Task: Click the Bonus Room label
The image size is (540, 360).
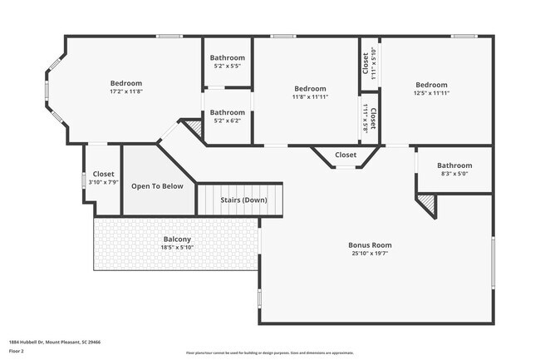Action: tap(370, 245)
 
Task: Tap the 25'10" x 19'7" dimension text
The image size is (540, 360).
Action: tap(370, 254)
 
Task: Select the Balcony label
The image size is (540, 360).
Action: tap(177, 239)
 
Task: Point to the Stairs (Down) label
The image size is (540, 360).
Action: tap(243, 200)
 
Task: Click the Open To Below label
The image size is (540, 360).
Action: tap(157, 186)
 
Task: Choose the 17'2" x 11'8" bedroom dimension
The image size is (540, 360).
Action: tap(126, 92)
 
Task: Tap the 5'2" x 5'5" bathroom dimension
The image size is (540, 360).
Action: tap(227, 67)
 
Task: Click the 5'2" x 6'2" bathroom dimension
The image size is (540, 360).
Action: tap(227, 121)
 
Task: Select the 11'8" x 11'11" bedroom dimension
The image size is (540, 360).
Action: tap(310, 97)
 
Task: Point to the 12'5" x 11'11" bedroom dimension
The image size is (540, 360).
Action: tap(431, 93)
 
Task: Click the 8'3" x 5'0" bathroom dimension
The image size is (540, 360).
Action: tap(454, 175)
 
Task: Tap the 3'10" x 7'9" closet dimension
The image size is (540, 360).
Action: tap(104, 183)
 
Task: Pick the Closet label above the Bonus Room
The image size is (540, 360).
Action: tap(346, 155)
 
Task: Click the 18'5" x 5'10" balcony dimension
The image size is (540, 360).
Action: tap(177, 248)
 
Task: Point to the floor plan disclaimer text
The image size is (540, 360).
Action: tap(270, 353)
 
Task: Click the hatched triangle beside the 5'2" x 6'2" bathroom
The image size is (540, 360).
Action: tap(194, 128)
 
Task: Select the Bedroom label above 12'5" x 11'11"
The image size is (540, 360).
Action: tap(431, 85)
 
